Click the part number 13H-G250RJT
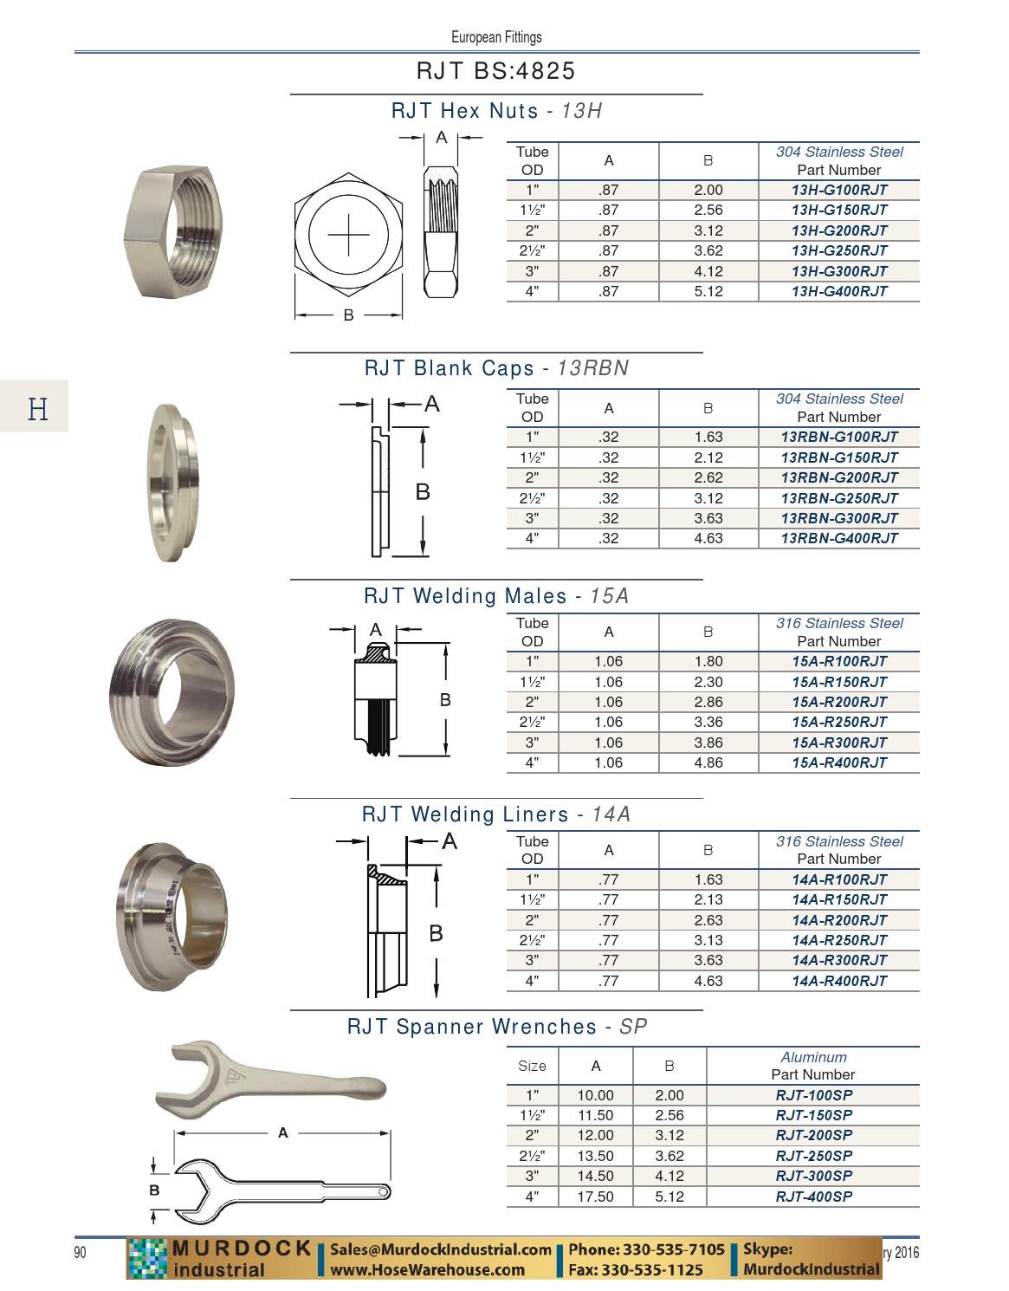click(838, 250)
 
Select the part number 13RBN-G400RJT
click(838, 538)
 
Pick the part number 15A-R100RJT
click(838, 661)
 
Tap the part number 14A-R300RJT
click(838, 960)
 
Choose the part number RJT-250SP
click(813, 1156)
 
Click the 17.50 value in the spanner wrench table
click(595, 1197)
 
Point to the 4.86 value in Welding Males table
click(708, 762)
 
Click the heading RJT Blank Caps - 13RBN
click(496, 368)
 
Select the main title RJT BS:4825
click(495, 71)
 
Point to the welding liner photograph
click(171, 916)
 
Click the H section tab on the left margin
click(37, 407)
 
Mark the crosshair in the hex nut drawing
click(348, 235)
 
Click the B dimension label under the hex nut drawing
click(348, 315)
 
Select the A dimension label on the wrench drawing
click(282, 1132)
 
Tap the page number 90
click(80, 1253)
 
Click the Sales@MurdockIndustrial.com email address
click(441, 1249)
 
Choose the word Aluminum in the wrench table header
click(813, 1057)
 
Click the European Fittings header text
click(496, 37)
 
